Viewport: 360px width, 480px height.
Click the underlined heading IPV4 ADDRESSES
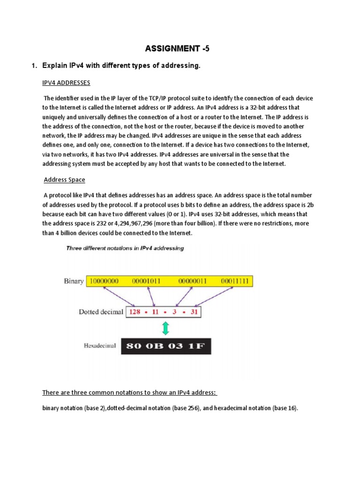pyautogui.click(x=66, y=82)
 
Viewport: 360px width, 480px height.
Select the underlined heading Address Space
pyautogui.click(x=64, y=180)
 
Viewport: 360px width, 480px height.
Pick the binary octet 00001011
pyautogui.click(x=147, y=281)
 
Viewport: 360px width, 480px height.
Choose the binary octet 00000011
pyautogui.click(x=192, y=281)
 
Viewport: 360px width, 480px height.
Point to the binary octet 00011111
pyautogui.click(x=237, y=281)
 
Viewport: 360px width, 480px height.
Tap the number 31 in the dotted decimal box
pyautogui.click(x=193, y=312)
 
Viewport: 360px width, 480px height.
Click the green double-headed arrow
pyautogui.click(x=165, y=329)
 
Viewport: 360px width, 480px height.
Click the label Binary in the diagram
pyautogui.click(x=74, y=281)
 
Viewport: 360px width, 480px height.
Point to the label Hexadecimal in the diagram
pyautogui.click(x=100, y=347)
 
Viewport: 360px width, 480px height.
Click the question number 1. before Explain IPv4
pyautogui.click(x=34, y=66)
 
